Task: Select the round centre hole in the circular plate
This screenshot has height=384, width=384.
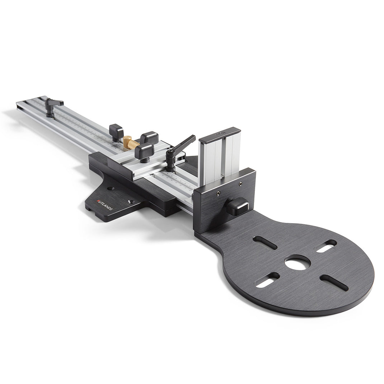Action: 298,263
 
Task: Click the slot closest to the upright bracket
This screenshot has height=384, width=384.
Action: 265,243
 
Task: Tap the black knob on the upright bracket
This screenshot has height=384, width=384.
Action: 238,206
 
